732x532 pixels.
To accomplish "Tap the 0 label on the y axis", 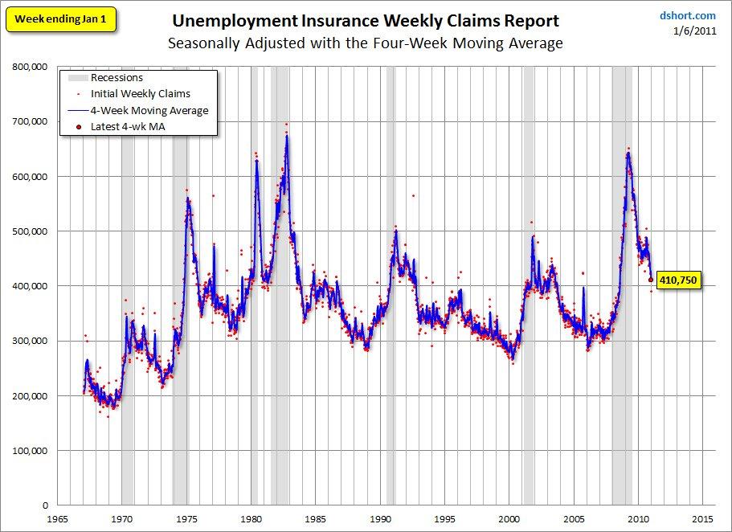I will point(45,505).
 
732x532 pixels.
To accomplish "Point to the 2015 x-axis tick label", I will point(703,519).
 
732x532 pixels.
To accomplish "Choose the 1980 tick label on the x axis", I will point(251,519).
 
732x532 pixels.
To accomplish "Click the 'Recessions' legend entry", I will point(117,78).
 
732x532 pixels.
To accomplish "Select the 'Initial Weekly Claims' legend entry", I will point(141,94).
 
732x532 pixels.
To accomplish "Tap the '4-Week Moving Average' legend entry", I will point(149,110).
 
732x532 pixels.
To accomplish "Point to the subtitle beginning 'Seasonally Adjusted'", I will point(366,43).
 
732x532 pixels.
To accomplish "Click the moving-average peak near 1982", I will point(287,137).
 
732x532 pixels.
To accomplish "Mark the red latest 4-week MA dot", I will point(652,280).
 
